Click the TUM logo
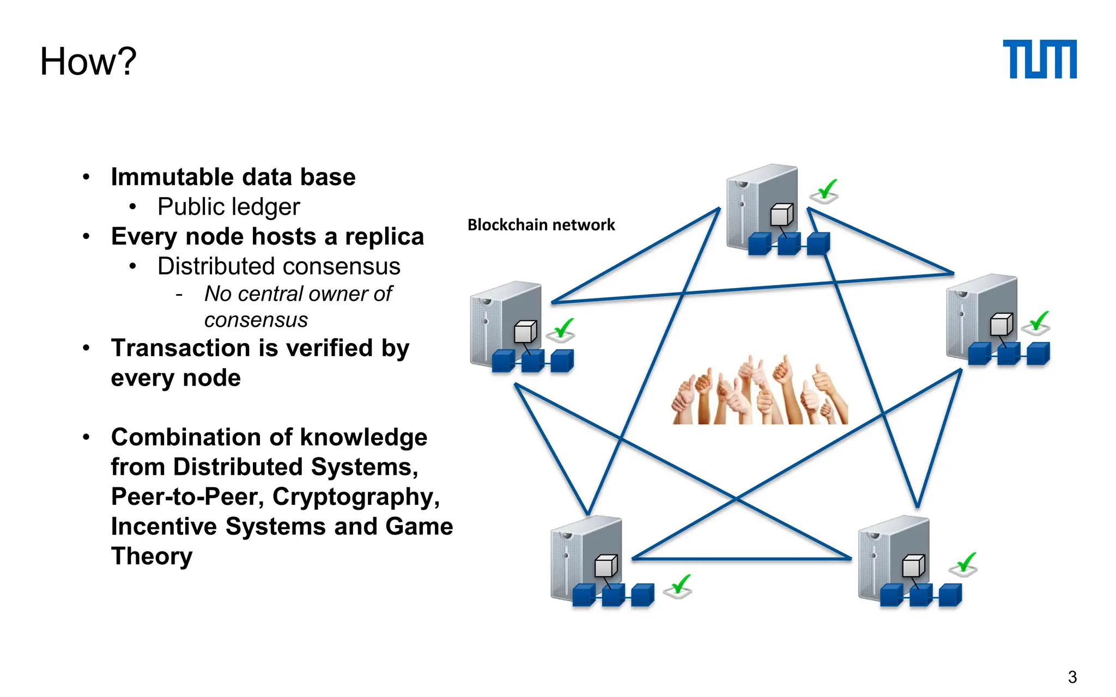[1039, 59]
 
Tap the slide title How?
[88, 61]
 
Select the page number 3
[1072, 677]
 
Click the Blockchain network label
[541, 225]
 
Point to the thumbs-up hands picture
[759, 391]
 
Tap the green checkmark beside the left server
[562, 329]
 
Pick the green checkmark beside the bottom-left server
[679, 586]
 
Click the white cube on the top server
[781, 215]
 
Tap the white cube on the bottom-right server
[913, 566]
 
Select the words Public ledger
[228, 207]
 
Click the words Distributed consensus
[278, 266]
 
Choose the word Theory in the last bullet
[151, 556]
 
